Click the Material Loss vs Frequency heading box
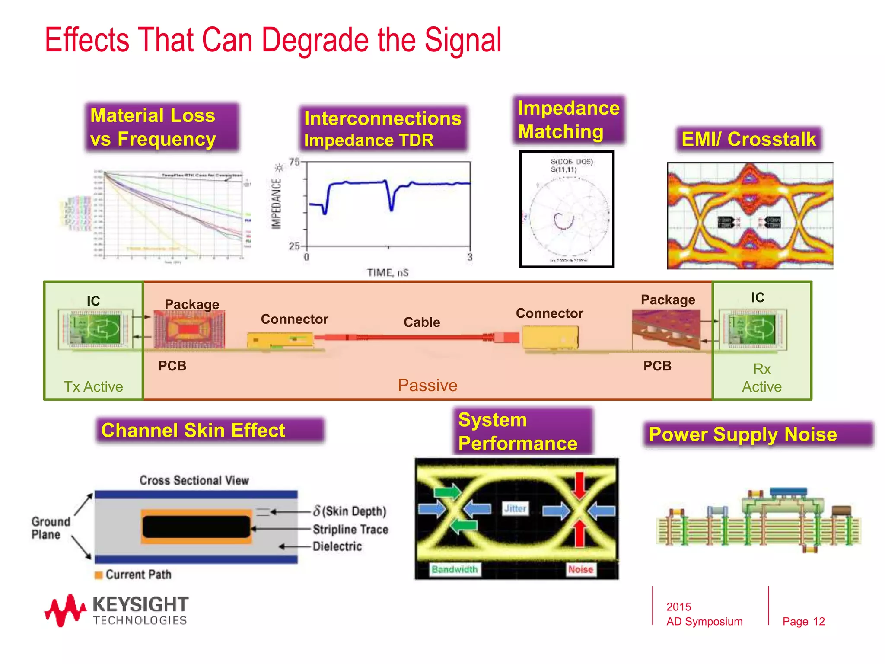point(162,127)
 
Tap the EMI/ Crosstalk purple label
point(748,139)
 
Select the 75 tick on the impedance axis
point(294,163)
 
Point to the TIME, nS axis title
point(388,273)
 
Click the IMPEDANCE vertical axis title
point(277,204)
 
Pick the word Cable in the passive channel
point(422,322)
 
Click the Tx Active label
point(93,386)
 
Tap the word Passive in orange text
point(427,385)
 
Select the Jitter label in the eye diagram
point(515,508)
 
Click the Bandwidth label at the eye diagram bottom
point(455,569)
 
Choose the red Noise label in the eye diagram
point(580,569)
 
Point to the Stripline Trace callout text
point(350,529)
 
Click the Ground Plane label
point(50,528)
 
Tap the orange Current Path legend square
point(99,575)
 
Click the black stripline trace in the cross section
point(196,527)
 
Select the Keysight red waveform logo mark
point(65,610)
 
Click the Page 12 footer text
point(803,622)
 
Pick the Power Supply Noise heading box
point(758,434)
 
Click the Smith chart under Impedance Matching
point(567,209)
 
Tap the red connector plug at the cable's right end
point(507,337)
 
